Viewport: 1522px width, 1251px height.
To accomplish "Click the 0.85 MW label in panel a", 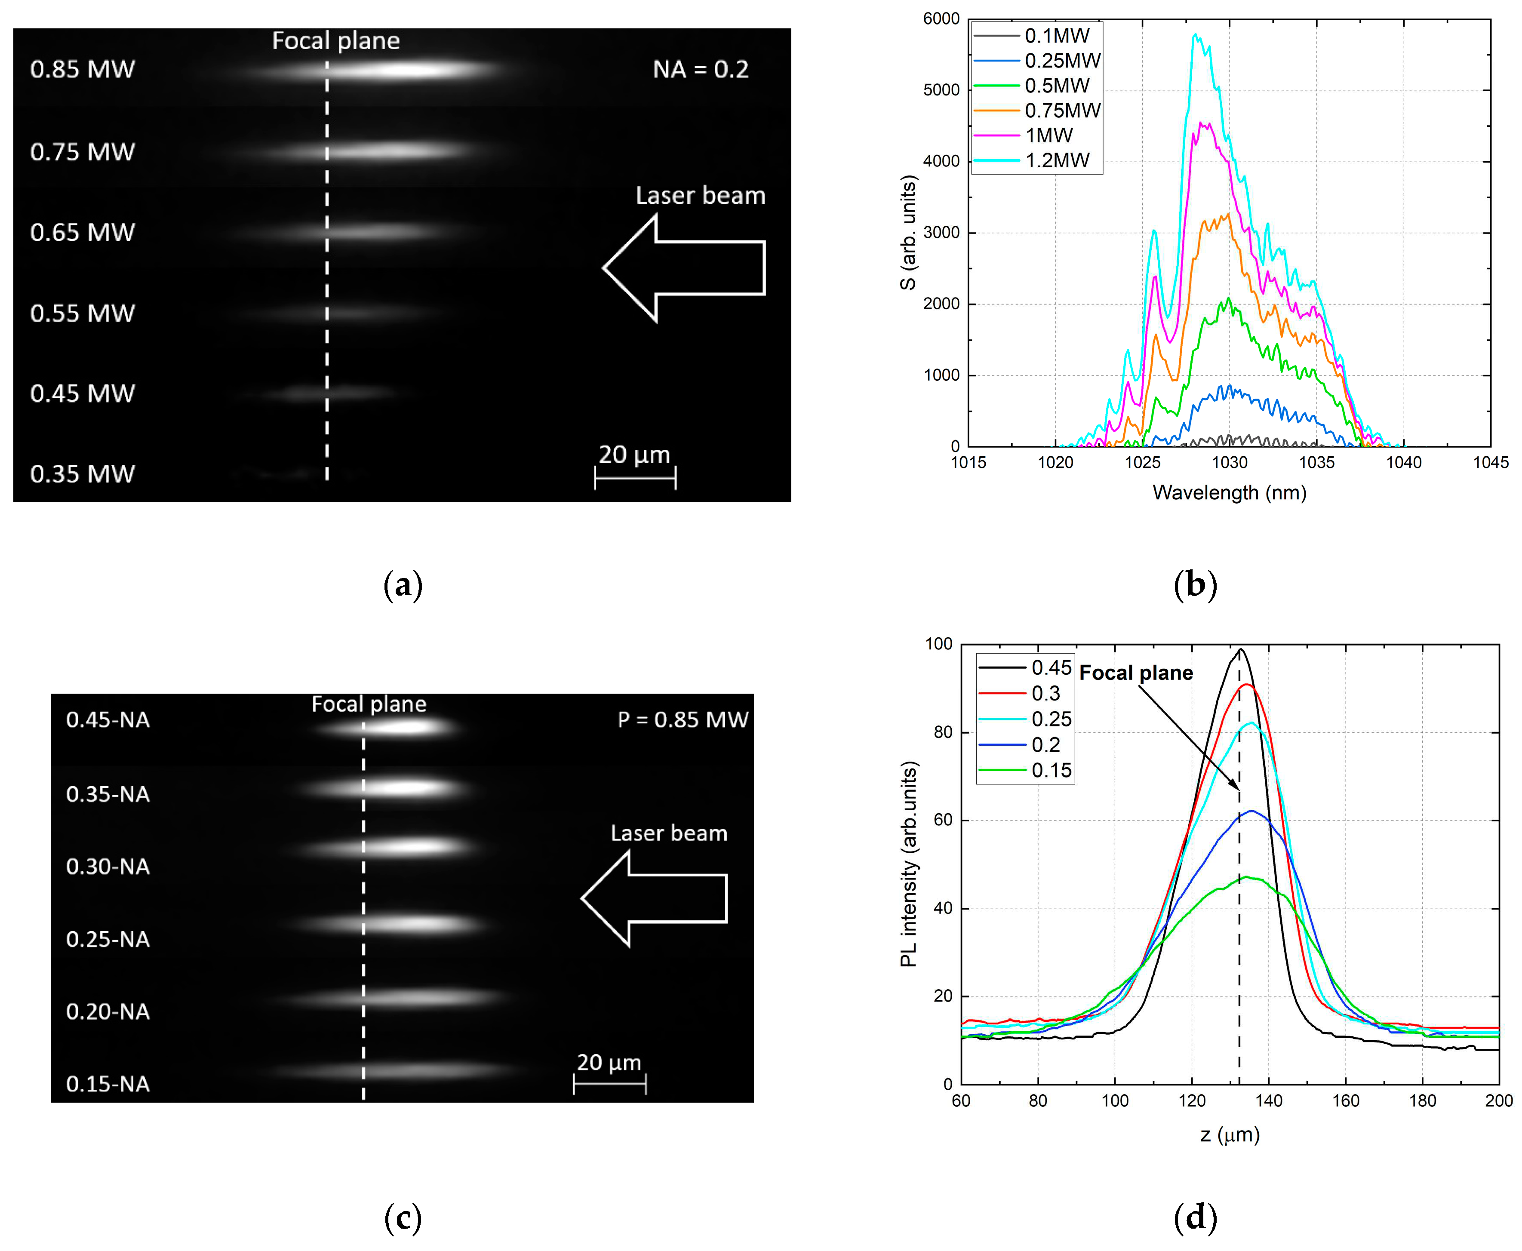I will (82, 69).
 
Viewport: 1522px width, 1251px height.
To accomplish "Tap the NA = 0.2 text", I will (700, 69).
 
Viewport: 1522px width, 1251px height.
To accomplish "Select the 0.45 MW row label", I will (82, 393).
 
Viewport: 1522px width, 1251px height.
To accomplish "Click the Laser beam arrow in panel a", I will (683, 268).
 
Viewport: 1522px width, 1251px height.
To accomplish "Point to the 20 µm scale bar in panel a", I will (635, 477).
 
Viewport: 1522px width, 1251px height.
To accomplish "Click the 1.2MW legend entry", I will (1057, 160).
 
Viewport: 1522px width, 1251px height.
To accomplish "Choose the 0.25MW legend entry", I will (1062, 61).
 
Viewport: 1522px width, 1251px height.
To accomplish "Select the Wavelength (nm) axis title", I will (1230, 493).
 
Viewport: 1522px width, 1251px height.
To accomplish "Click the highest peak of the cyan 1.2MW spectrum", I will (1195, 34).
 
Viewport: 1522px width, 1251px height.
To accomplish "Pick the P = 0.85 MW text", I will (683, 719).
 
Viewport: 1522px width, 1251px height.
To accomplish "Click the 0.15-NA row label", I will (108, 1084).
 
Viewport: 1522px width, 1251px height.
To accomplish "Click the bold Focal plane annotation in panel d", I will (1136, 673).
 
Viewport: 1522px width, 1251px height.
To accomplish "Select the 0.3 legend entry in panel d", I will (1045, 693).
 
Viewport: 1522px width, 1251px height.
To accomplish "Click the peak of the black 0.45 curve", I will (1240, 650).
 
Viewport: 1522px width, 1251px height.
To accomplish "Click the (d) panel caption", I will (1195, 1217).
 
